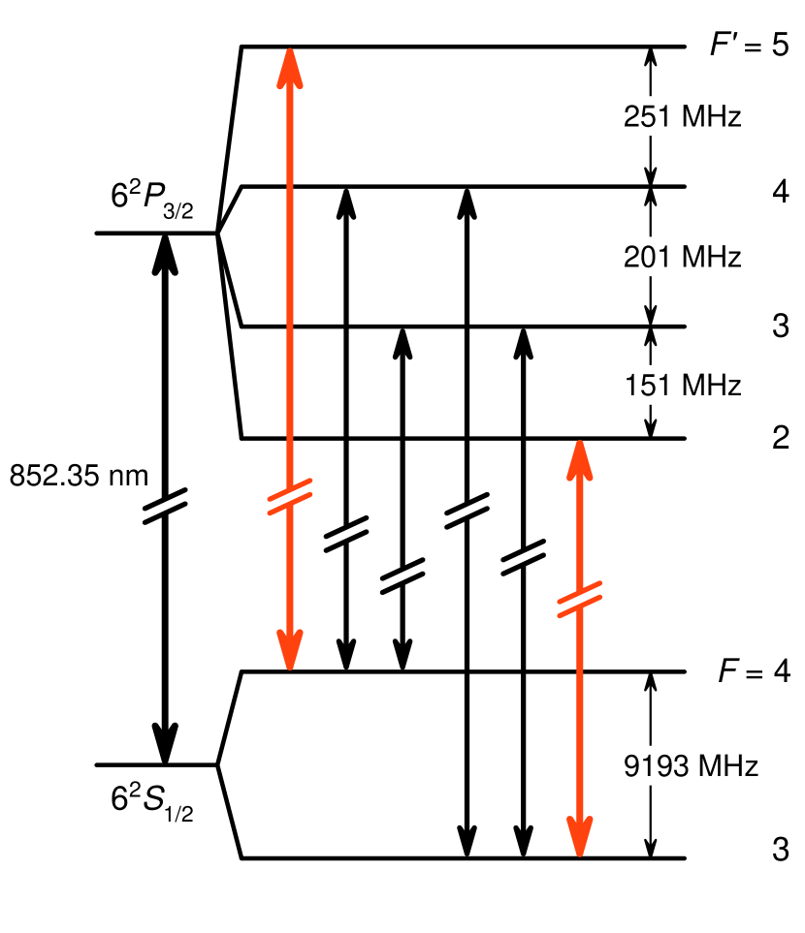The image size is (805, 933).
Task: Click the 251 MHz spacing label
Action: click(682, 118)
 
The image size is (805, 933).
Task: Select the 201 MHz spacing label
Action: click(682, 258)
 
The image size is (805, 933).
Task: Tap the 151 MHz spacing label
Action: click(682, 385)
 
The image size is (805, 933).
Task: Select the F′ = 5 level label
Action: click(748, 47)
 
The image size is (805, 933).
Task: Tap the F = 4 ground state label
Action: click(748, 671)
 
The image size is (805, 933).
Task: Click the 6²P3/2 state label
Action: click(151, 200)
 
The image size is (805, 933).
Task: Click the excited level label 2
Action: click(780, 439)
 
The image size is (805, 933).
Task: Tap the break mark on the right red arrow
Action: click(580, 599)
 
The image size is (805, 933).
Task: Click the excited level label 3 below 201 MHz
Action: click(780, 327)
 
